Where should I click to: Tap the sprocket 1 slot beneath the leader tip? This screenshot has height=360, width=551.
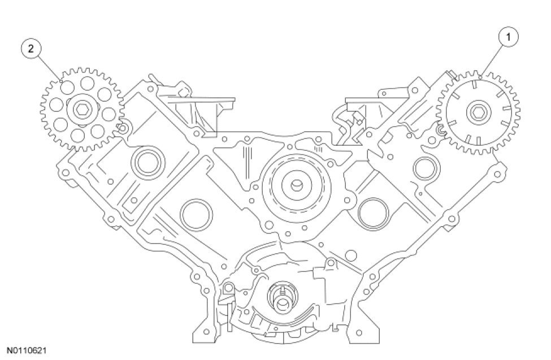tap(474, 86)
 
